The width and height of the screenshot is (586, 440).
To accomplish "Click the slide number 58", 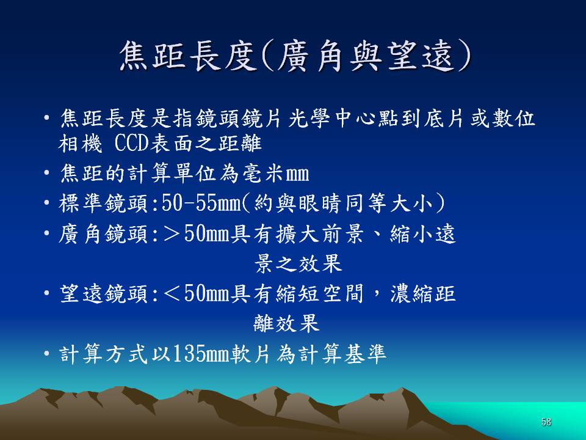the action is click(x=546, y=422).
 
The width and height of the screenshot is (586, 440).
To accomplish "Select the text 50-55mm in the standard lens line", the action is click(x=200, y=203).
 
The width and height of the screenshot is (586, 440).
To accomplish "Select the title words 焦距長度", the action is click(x=189, y=56).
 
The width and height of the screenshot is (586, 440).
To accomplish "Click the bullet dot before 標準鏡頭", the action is click(x=46, y=203).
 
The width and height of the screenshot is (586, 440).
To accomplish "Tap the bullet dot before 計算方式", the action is click(x=46, y=354).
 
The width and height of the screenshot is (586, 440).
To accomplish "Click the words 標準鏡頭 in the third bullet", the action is click(x=104, y=204).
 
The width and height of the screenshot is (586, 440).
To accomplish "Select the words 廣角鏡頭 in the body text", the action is click(x=104, y=234).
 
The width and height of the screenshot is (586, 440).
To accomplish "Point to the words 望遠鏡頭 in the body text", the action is click(x=104, y=294).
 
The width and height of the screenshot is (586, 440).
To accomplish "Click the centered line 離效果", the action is click(x=287, y=323).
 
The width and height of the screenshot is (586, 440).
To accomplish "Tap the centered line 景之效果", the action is click(x=298, y=263).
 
